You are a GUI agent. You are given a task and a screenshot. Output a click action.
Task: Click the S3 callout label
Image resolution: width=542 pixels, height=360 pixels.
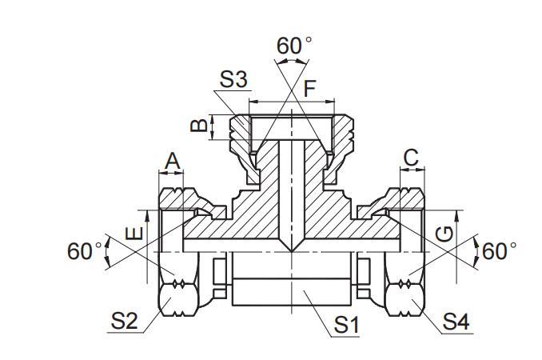click(233, 79)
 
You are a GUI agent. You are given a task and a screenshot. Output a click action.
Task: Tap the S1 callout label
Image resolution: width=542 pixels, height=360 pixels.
click(346, 325)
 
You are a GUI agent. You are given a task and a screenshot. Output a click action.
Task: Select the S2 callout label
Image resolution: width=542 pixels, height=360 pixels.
click(124, 321)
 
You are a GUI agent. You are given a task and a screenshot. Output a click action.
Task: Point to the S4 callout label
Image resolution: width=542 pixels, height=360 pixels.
click(456, 322)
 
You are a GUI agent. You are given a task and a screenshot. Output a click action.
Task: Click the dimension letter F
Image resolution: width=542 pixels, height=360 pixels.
click(309, 88)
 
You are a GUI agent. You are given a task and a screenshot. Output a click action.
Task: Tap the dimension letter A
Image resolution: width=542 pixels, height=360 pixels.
click(172, 161)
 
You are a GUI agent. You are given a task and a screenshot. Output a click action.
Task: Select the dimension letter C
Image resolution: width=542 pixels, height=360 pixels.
click(411, 158)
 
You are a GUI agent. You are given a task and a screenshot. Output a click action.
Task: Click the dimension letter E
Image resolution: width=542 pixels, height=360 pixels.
click(134, 234)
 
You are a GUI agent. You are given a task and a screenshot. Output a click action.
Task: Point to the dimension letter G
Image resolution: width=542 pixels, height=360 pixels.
click(444, 234)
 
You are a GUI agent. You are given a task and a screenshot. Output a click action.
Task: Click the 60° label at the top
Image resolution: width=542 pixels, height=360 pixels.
click(294, 46)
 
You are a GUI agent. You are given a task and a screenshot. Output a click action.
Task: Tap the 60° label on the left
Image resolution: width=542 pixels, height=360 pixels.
click(85, 250)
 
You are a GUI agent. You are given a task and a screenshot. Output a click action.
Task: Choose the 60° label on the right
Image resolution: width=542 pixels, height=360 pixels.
click(499, 250)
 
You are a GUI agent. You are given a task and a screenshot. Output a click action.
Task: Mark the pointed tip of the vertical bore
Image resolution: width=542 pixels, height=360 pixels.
click(292, 251)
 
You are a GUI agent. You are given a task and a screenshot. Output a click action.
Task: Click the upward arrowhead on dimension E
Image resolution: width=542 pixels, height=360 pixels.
click(147, 216)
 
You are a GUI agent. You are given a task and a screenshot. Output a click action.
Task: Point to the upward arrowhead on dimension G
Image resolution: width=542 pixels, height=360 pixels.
click(456, 216)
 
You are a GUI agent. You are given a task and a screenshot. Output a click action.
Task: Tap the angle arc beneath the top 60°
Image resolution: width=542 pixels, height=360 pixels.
click(292, 60)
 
